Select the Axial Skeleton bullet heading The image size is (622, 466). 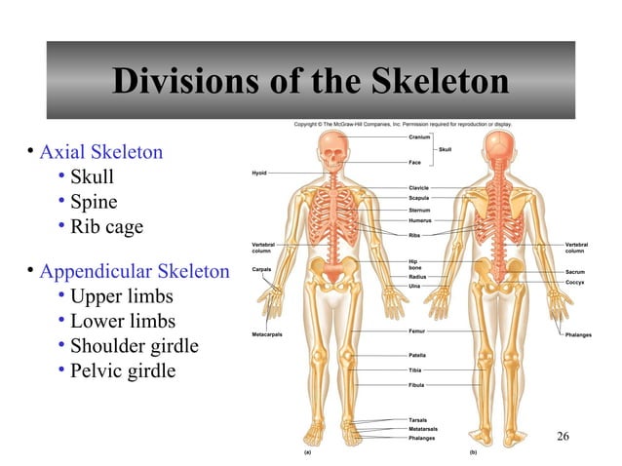tap(100, 152)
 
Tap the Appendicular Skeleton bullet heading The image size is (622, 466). tap(134, 271)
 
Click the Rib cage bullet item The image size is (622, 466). tap(106, 227)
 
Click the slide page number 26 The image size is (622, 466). tap(563, 435)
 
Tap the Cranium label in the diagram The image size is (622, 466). tap(420, 137)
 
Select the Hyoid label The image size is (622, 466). tap(258, 173)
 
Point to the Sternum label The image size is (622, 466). tap(420, 210)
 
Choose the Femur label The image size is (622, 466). tap(417, 331)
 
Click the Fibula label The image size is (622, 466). tap(417, 386)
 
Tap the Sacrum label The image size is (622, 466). tap(575, 271)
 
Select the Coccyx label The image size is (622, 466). tap(575, 282)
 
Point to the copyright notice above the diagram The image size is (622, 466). tap(403, 124)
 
